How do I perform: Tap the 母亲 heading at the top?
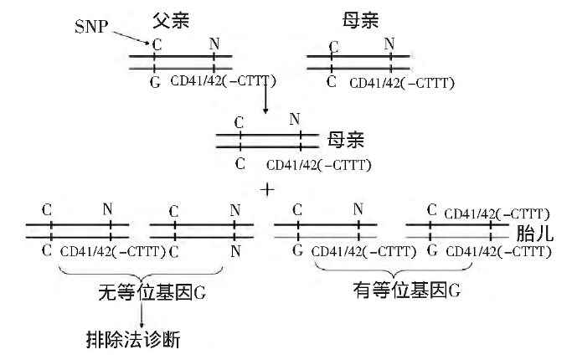click(x=360, y=19)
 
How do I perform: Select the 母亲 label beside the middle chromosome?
click(x=346, y=138)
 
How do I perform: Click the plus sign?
click(x=268, y=190)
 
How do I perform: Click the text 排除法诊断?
click(x=132, y=340)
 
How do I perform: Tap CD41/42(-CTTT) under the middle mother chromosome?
click(x=318, y=165)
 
